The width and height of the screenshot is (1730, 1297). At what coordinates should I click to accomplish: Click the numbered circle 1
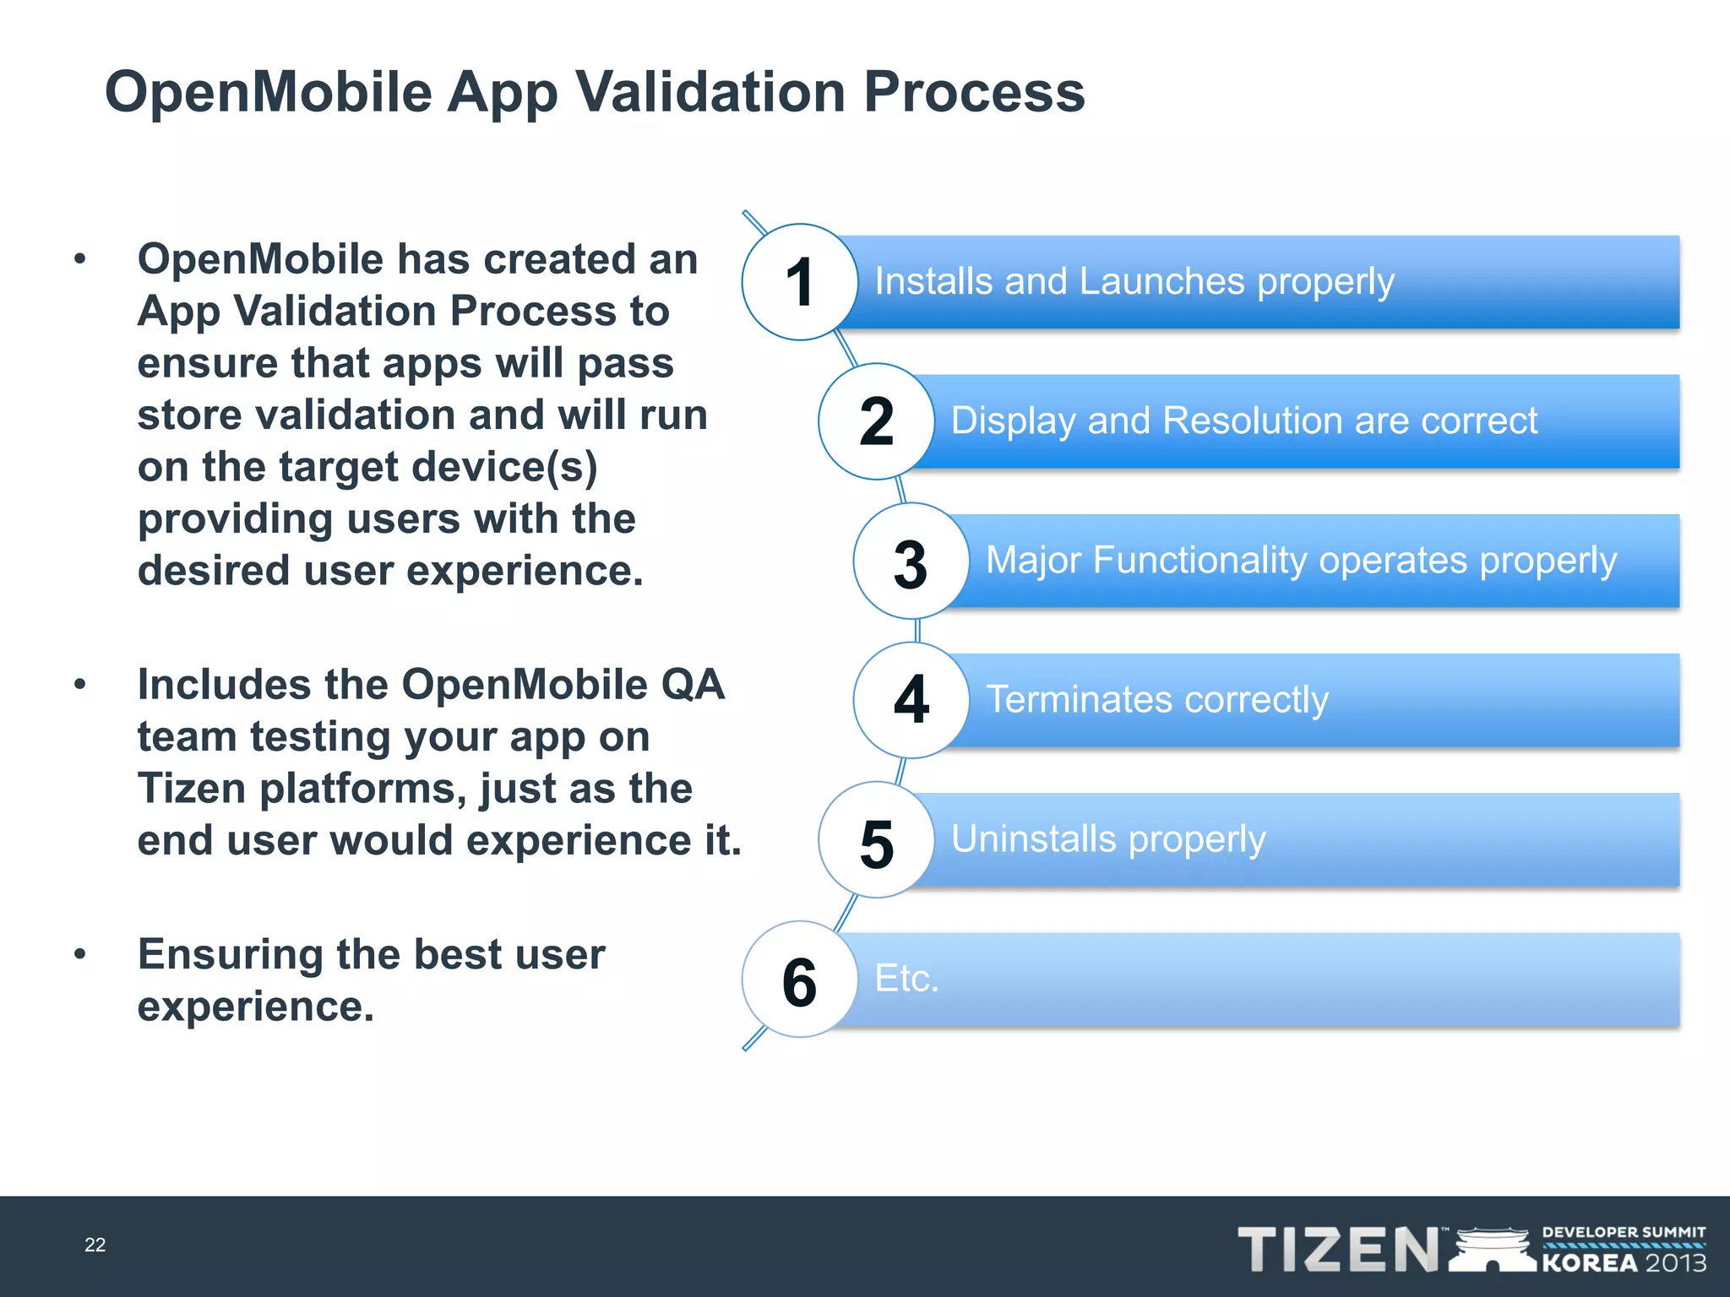click(x=799, y=282)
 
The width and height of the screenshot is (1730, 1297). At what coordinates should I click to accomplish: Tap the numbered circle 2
click(x=876, y=421)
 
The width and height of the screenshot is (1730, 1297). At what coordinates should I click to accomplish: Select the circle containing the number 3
click(x=911, y=562)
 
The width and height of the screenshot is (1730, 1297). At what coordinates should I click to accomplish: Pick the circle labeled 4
click(x=911, y=700)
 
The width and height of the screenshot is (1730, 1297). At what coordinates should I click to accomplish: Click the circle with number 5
click(x=876, y=840)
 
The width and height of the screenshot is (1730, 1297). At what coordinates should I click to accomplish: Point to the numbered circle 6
click(x=799, y=980)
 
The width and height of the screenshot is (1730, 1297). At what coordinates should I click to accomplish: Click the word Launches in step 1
click(x=1161, y=281)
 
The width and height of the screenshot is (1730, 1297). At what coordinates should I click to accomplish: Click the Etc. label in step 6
click(x=906, y=979)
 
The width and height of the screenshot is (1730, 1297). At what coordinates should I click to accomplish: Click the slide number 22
click(x=95, y=1245)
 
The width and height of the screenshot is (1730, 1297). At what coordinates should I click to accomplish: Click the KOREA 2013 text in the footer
click(x=1624, y=1263)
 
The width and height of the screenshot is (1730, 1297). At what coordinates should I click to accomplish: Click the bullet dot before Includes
click(x=80, y=684)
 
